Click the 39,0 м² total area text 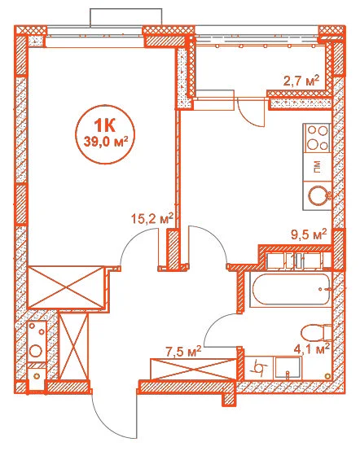tap(105, 142)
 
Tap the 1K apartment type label tap(105, 125)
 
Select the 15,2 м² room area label tap(152, 219)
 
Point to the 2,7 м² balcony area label tap(301, 81)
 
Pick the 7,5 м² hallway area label tap(182, 352)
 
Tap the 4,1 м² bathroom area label tap(311, 350)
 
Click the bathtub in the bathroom tap(290, 290)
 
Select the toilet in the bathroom tap(317, 334)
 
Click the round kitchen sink tap(318, 195)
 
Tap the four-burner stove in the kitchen tap(317, 138)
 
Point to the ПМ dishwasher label tap(317, 167)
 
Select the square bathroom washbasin tap(288, 369)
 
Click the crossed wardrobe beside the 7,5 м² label tap(193, 369)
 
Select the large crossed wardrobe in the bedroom tap(66, 287)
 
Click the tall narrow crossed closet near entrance tap(73, 346)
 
